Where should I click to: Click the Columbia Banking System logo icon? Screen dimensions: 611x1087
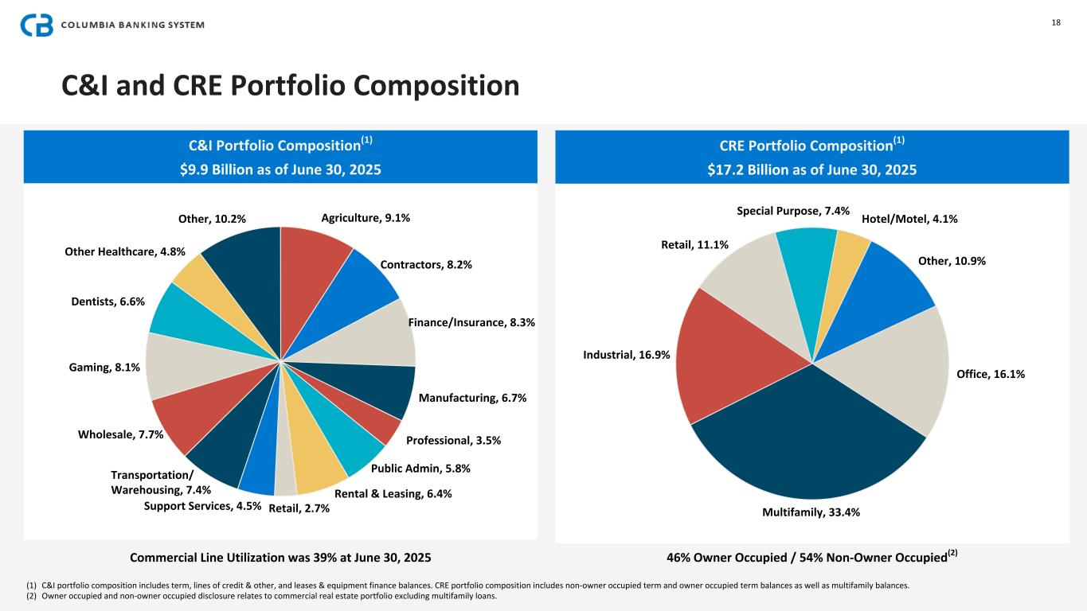coord(37,25)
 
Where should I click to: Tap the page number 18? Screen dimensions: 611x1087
coord(1056,22)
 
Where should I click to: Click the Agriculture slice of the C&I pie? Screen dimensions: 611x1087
coord(313,263)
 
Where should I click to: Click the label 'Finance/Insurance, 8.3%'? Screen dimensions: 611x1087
coord(471,322)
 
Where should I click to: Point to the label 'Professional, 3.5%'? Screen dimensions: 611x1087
coord(453,440)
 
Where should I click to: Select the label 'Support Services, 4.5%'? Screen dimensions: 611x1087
coord(203,507)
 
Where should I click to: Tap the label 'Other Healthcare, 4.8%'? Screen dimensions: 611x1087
coord(125,251)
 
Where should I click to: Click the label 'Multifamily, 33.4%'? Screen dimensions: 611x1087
coord(811,512)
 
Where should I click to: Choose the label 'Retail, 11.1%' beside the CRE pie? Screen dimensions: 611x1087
coord(695,245)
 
